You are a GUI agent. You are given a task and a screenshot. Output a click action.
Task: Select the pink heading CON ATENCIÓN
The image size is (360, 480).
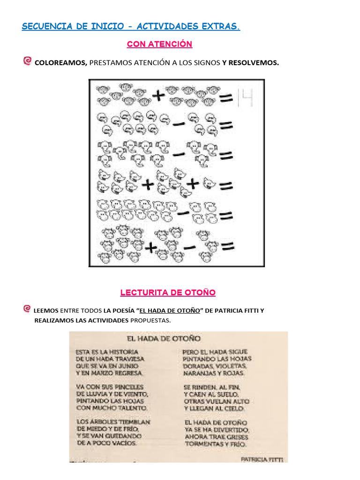tap(159, 44)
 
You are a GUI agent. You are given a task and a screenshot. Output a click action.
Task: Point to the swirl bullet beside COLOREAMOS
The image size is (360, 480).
tap(27, 61)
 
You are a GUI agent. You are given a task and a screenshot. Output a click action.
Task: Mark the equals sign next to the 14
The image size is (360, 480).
tap(227, 98)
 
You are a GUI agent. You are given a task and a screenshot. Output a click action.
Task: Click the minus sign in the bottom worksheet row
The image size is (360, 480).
tap(189, 247)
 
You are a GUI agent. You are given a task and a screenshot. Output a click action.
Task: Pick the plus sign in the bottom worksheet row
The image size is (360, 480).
tap(150, 247)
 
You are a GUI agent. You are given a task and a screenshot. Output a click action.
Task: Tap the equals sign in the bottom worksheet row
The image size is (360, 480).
tap(227, 247)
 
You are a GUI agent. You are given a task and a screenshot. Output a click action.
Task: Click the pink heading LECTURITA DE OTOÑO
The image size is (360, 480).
tap(168, 292)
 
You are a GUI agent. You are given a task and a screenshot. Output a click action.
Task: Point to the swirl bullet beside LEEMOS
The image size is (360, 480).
tap(27, 309)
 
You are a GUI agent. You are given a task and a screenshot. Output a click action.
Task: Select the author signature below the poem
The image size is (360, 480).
tap(262, 459)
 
